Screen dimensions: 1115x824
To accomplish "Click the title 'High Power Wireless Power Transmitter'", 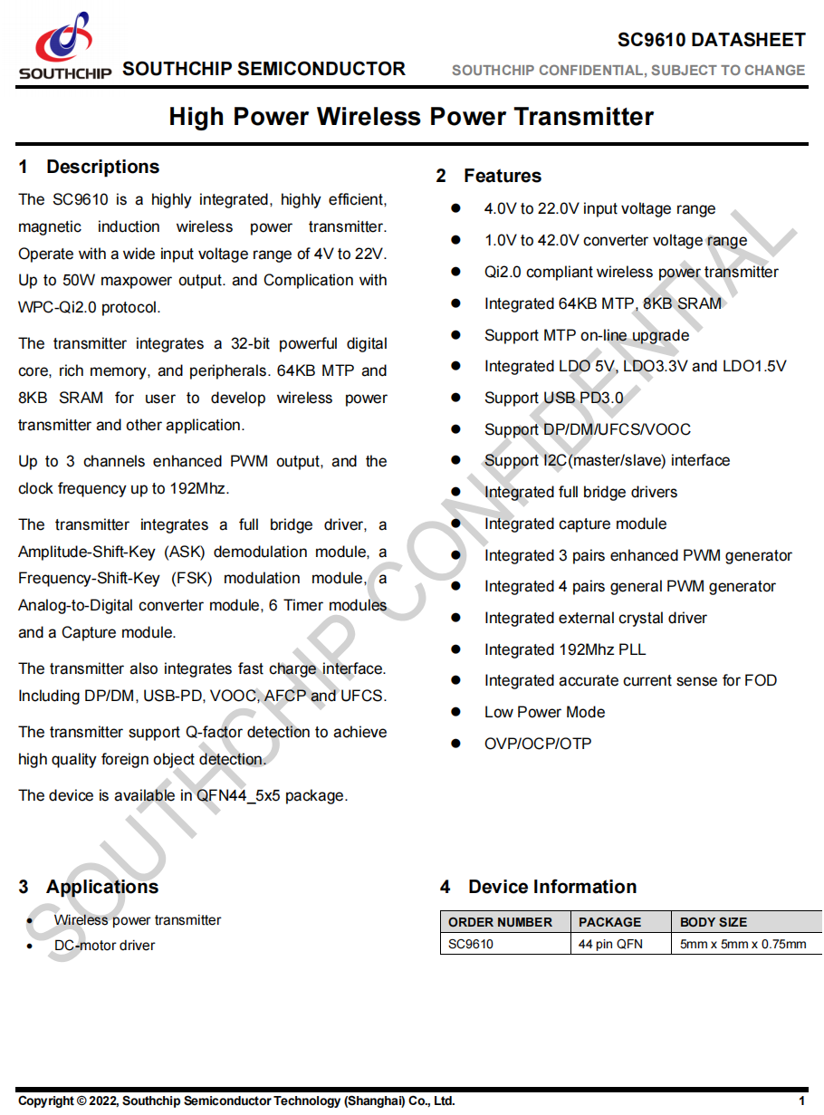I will click(x=411, y=117).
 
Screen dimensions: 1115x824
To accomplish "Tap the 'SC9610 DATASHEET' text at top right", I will click(x=711, y=40).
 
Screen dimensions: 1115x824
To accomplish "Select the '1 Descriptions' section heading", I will click(x=89, y=167).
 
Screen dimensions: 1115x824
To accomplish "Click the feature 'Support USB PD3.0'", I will click(x=553, y=398).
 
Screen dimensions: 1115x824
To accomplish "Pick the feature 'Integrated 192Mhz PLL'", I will click(x=565, y=649).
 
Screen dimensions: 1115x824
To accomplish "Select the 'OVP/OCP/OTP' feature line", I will click(x=538, y=744).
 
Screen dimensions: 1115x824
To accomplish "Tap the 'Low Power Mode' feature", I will click(x=544, y=712).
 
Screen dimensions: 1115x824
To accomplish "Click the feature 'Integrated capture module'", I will click(x=575, y=524).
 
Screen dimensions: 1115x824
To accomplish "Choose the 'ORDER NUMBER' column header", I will click(x=500, y=922).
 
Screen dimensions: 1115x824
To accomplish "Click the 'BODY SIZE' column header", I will click(x=714, y=922).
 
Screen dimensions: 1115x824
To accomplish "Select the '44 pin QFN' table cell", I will click(x=610, y=944).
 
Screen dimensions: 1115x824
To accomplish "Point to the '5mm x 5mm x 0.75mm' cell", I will click(x=743, y=944).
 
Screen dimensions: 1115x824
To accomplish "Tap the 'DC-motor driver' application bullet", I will click(x=104, y=946).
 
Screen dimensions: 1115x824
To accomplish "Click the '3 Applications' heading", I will click(x=89, y=887).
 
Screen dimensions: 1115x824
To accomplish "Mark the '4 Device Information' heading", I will click(x=538, y=887).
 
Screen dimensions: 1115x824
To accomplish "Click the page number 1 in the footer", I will click(x=801, y=1101).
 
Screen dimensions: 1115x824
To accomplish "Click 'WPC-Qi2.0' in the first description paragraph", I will click(x=57, y=307).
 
